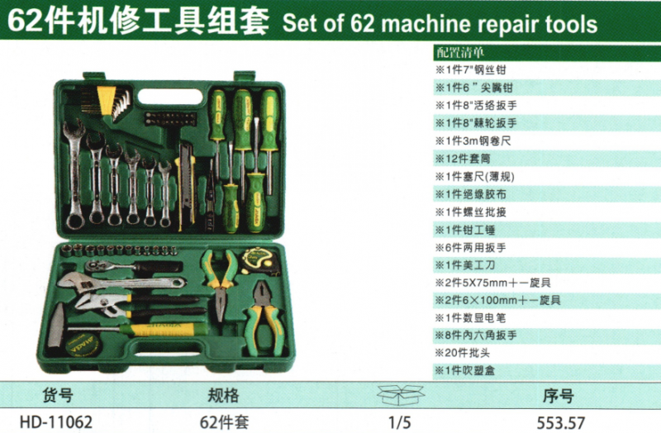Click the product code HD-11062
[x=56, y=421]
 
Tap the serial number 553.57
[x=561, y=422]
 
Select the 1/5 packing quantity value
[x=400, y=422]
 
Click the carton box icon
[x=401, y=395]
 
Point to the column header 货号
[x=58, y=395]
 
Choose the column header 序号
[x=559, y=396]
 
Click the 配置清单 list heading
[x=460, y=52]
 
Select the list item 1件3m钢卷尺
[x=473, y=140]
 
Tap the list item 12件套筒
[x=463, y=159]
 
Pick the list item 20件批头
[x=463, y=353]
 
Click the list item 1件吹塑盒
[x=465, y=370]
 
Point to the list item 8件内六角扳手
[x=477, y=335]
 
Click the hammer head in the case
[x=55, y=324]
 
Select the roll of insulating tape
[x=83, y=344]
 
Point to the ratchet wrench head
[x=97, y=265]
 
